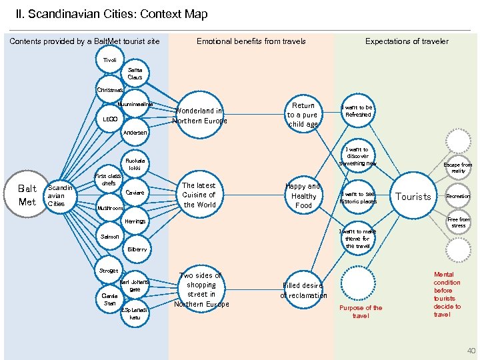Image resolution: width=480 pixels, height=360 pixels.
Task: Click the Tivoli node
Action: click(109, 61)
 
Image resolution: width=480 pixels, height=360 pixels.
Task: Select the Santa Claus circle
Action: click(135, 73)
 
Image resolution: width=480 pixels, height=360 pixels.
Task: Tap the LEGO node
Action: click(110, 119)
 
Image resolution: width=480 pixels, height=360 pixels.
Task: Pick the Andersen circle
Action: click(136, 133)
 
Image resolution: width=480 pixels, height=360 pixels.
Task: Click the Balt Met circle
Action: click(27, 195)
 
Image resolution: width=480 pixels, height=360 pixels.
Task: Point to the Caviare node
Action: click(135, 193)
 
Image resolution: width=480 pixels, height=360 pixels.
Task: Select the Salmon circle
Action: click(110, 237)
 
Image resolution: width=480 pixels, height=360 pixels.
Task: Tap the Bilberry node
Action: click(137, 249)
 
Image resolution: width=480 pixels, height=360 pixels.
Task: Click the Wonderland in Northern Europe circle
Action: click(199, 116)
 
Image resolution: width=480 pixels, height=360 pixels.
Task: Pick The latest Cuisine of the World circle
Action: click(199, 195)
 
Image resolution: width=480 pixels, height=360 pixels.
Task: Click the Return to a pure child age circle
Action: click(303, 115)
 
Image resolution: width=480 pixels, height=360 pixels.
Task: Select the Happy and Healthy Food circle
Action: click(303, 196)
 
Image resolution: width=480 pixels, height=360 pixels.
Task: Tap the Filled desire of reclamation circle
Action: click(303, 291)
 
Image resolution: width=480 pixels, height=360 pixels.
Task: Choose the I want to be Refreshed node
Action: click(357, 111)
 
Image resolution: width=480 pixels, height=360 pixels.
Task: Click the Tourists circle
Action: click(413, 197)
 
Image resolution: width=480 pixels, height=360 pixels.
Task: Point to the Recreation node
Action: click(458, 197)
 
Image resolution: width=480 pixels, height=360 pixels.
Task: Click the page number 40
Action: click(471, 351)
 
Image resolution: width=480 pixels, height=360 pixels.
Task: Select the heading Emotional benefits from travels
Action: click(251, 41)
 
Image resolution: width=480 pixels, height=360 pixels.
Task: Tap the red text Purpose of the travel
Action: click(361, 312)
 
